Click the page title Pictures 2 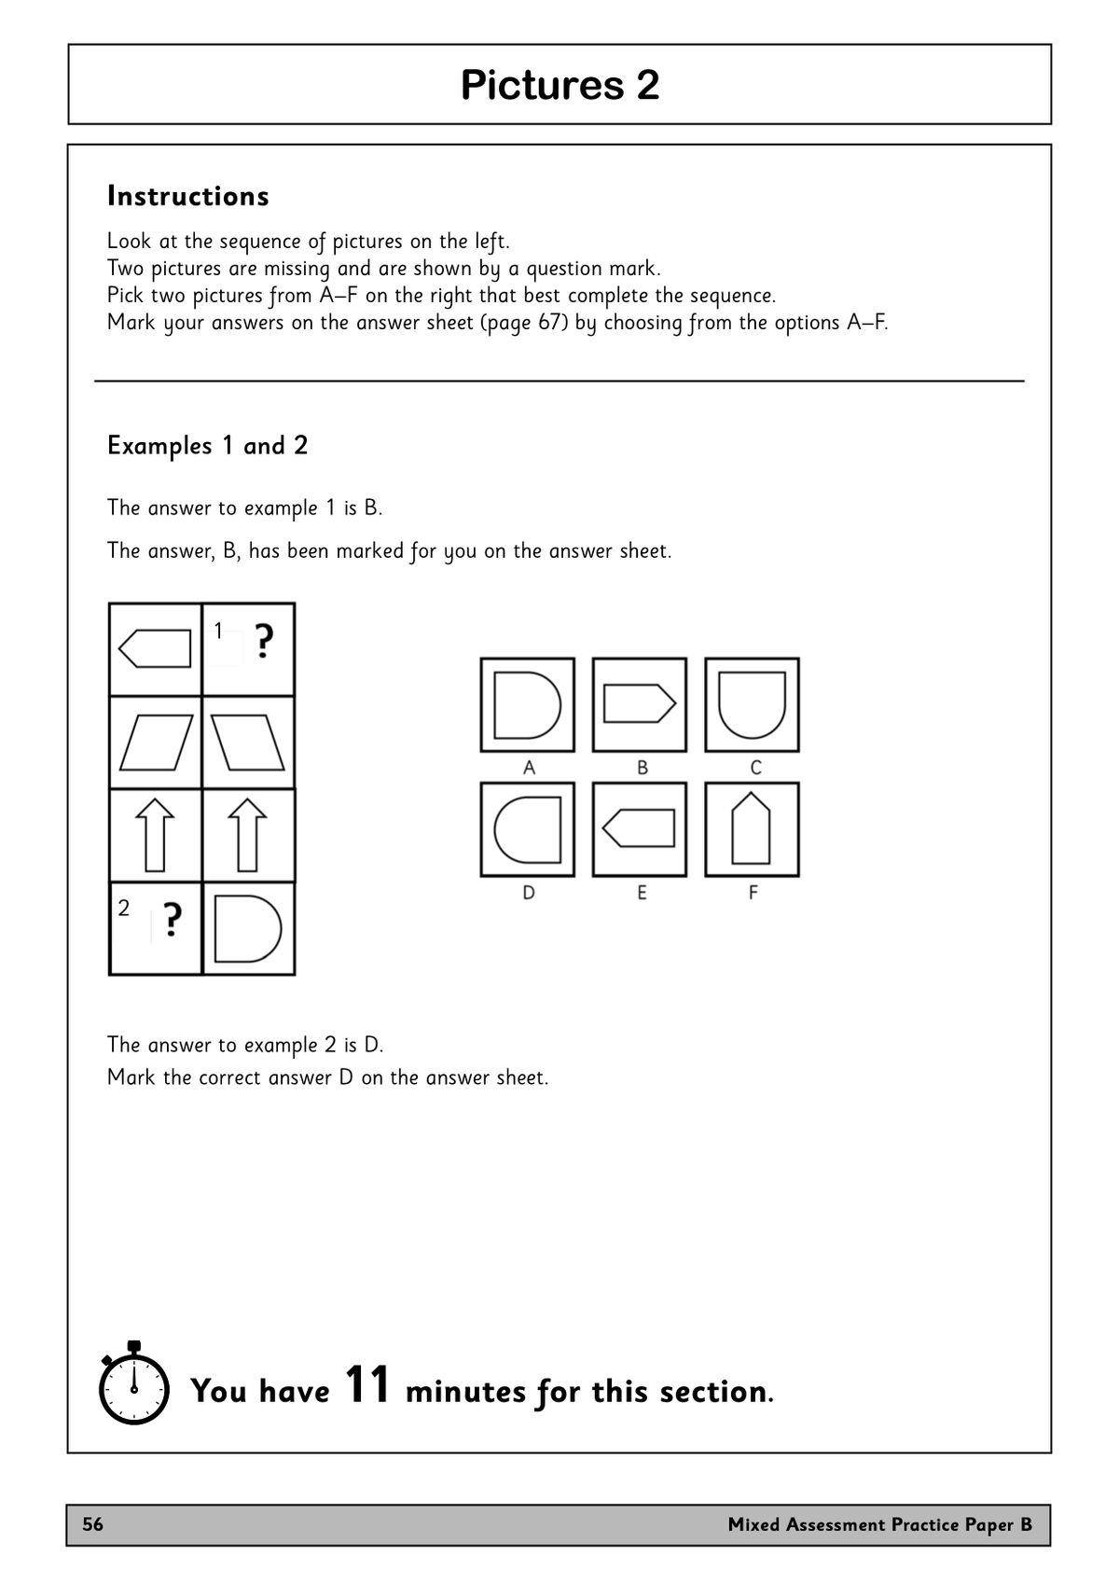[559, 85]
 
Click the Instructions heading [188, 196]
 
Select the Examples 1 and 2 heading [207, 446]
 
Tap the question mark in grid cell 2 [172, 920]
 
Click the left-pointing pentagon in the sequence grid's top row [156, 648]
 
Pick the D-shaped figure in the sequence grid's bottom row [247, 929]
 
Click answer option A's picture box [527, 704]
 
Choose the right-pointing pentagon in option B [640, 704]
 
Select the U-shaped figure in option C [752, 704]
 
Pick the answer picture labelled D [527, 829]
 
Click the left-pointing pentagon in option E [640, 828]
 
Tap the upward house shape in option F [752, 828]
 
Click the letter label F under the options [753, 893]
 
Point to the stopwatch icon [133, 1384]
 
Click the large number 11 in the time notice [367, 1384]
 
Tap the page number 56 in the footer [93, 1525]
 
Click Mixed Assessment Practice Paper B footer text [879, 1525]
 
